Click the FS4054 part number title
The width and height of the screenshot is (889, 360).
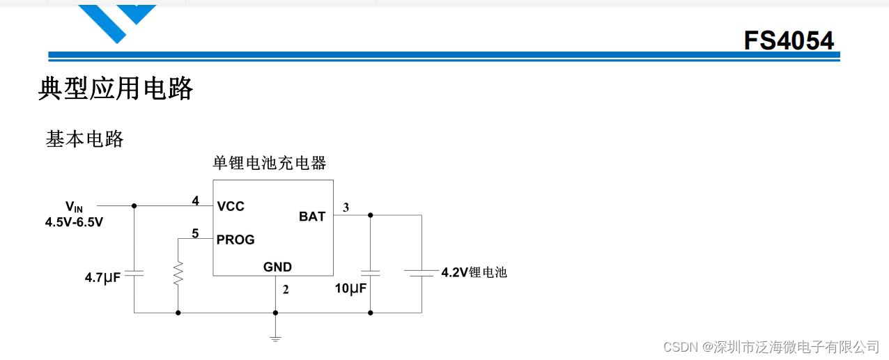(788, 41)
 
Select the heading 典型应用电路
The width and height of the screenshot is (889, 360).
(115, 89)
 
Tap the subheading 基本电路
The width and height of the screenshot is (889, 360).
(84, 139)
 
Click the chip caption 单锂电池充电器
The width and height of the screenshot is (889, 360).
(269, 164)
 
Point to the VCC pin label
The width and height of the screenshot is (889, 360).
(231, 207)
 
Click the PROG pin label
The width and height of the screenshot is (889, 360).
(235, 240)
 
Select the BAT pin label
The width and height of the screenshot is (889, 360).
(312, 217)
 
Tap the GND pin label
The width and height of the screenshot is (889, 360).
(277, 267)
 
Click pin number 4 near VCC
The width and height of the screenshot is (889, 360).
(196, 201)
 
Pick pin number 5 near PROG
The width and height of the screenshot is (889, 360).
(196, 234)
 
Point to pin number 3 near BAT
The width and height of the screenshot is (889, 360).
(346, 207)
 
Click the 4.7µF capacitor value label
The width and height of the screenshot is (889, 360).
(103, 278)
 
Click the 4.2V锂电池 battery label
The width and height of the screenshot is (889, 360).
(474, 272)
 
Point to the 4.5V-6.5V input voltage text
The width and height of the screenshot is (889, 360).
(74, 223)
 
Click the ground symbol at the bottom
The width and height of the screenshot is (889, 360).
(275, 338)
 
